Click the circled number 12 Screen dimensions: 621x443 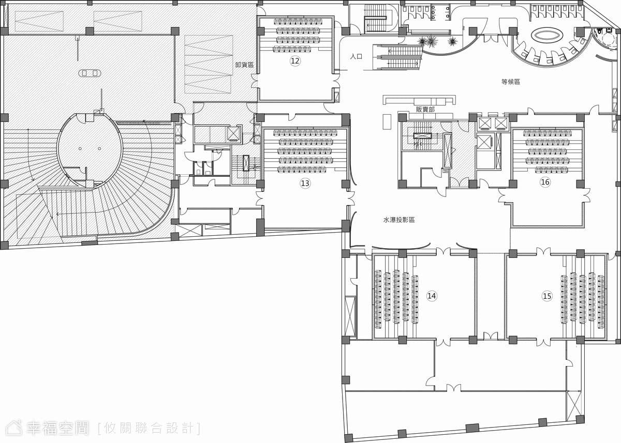pyautogui.click(x=295, y=60)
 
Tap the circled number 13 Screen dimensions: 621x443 pyautogui.click(x=305, y=183)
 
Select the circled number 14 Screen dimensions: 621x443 pyautogui.click(x=432, y=296)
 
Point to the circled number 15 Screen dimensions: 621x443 pyautogui.click(x=546, y=296)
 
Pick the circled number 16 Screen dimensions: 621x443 pyautogui.click(x=545, y=182)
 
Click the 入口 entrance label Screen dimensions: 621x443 pyautogui.click(x=356, y=56)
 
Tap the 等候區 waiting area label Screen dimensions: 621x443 pyautogui.click(x=511, y=82)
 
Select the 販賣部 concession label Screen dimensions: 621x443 pyautogui.click(x=425, y=110)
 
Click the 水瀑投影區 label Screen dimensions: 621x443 pyautogui.click(x=399, y=220)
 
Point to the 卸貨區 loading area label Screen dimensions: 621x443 pyautogui.click(x=244, y=65)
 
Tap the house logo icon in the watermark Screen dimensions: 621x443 pyautogui.click(x=14, y=428)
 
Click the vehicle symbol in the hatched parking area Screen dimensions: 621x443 pyautogui.click(x=90, y=73)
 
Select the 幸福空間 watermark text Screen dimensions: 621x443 pyautogui.click(x=57, y=429)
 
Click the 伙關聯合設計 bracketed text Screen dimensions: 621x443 pyautogui.click(x=149, y=429)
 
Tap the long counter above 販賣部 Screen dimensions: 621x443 pyautogui.click(x=419, y=100)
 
